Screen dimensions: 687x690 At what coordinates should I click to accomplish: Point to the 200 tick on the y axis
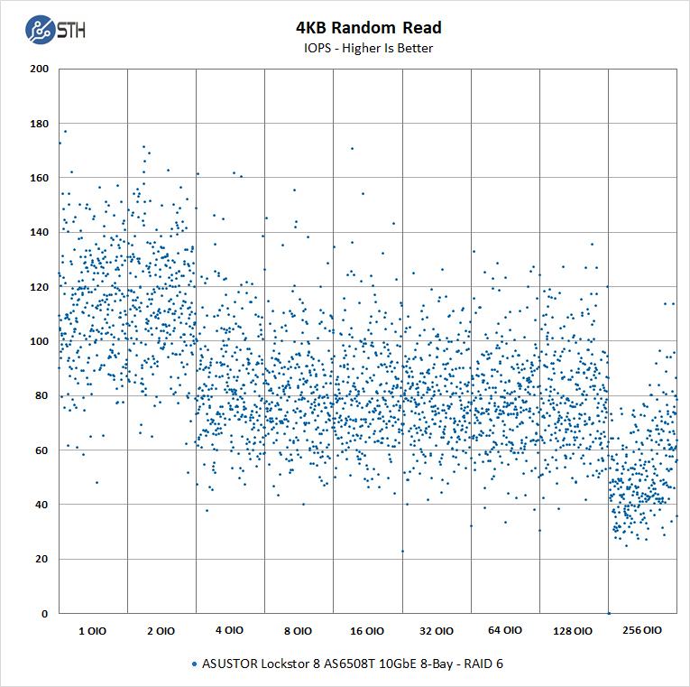(x=39, y=69)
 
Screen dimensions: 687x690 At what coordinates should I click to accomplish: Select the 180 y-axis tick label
(x=39, y=124)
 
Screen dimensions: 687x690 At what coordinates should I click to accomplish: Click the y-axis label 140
(x=39, y=232)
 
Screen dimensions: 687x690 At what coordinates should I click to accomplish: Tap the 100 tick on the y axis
(x=39, y=341)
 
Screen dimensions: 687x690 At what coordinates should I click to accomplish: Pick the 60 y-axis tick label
(x=41, y=450)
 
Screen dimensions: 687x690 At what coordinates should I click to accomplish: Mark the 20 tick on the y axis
(x=41, y=560)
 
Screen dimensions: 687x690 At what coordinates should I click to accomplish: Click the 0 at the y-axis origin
(x=45, y=614)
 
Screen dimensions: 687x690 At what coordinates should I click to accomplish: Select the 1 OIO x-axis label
(x=92, y=631)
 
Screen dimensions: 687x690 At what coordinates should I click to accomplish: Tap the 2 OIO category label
(x=161, y=631)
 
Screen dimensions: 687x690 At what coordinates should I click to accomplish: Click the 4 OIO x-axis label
(x=229, y=631)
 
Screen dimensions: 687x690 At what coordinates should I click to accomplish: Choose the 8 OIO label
(x=299, y=631)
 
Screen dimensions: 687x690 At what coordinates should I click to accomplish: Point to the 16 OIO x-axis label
(x=367, y=631)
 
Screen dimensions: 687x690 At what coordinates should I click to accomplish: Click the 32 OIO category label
(x=436, y=631)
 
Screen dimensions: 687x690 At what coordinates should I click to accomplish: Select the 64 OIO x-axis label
(x=505, y=631)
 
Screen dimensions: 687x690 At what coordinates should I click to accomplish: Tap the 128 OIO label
(x=574, y=631)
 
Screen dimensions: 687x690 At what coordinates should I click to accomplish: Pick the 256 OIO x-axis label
(x=642, y=631)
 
